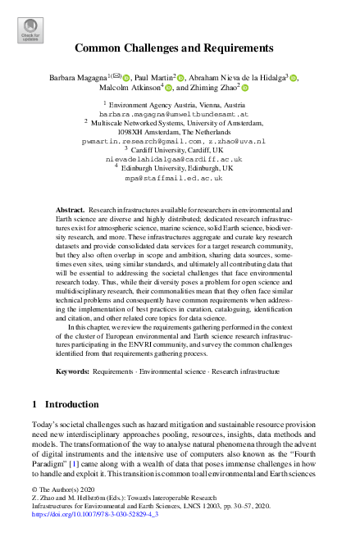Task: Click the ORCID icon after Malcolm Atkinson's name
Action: pyautogui.click(x=168, y=89)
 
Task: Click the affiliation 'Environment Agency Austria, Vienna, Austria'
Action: pyautogui.click(x=178, y=107)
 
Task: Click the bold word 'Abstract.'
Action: pyautogui.click(x=71, y=212)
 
